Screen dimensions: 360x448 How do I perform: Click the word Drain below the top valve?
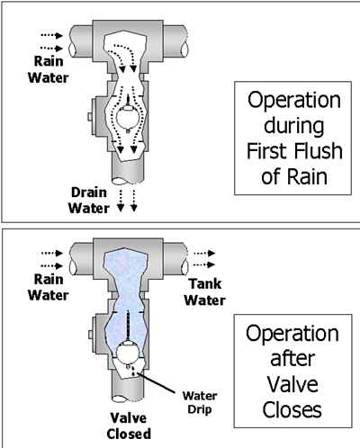pyautogui.click(x=89, y=193)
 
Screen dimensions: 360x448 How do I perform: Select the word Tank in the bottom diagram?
pyautogui.click(x=205, y=284)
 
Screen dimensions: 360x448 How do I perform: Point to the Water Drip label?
pyautogui.click(x=200, y=403)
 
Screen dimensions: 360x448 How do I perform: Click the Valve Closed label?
pyautogui.click(x=129, y=426)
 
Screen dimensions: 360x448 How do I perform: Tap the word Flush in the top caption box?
pyautogui.click(x=319, y=150)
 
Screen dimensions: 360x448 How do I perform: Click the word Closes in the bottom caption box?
pyautogui.click(x=292, y=409)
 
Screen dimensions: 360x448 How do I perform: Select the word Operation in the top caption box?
pyautogui.click(x=294, y=101)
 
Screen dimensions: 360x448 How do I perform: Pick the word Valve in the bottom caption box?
pyautogui.click(x=292, y=384)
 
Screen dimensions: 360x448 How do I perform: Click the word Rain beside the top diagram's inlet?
pyautogui.click(x=49, y=61)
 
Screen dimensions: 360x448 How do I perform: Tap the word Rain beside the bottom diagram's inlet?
pyautogui.click(x=49, y=280)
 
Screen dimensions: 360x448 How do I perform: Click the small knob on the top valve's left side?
pyautogui.click(x=90, y=117)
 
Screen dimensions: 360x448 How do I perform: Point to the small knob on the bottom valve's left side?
pyautogui.click(x=90, y=335)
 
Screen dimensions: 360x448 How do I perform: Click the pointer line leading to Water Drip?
pyautogui.click(x=156, y=383)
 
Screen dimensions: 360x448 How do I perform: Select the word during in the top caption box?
pyautogui.click(x=294, y=126)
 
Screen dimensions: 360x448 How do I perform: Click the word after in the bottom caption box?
pyautogui.click(x=292, y=359)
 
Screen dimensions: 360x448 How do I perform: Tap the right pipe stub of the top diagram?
pyautogui.click(x=175, y=41)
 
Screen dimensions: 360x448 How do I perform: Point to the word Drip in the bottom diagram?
pyautogui.click(x=200, y=409)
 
